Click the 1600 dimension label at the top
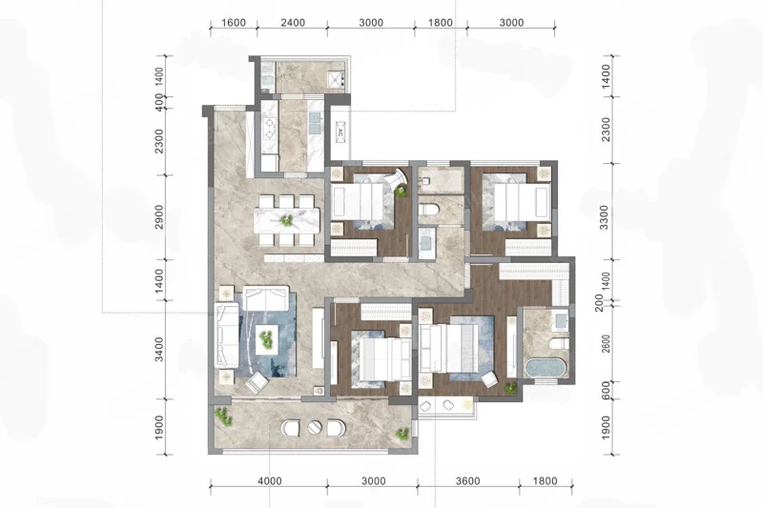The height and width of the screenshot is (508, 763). click(x=234, y=23)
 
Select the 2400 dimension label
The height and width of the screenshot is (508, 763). click(x=293, y=23)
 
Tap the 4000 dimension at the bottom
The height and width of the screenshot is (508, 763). click(x=270, y=481)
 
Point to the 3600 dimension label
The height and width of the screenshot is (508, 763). click(x=468, y=481)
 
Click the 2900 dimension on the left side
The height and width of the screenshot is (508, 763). click(x=159, y=217)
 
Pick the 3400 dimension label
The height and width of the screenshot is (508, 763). click(x=159, y=349)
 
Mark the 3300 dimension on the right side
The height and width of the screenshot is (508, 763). click(x=605, y=217)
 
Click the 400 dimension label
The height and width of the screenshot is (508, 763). click(x=159, y=102)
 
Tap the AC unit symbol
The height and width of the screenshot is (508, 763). click(x=340, y=132)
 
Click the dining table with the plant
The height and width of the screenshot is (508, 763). click(x=287, y=220)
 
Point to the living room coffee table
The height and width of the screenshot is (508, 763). click(x=266, y=339)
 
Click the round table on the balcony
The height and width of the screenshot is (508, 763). click(x=315, y=428)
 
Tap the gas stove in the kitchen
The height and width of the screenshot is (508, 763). click(x=269, y=130)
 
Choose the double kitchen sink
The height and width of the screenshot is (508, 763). click(x=315, y=123)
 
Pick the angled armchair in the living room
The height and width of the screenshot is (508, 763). click(x=256, y=382)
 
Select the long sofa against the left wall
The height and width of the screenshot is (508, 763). click(x=227, y=335)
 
